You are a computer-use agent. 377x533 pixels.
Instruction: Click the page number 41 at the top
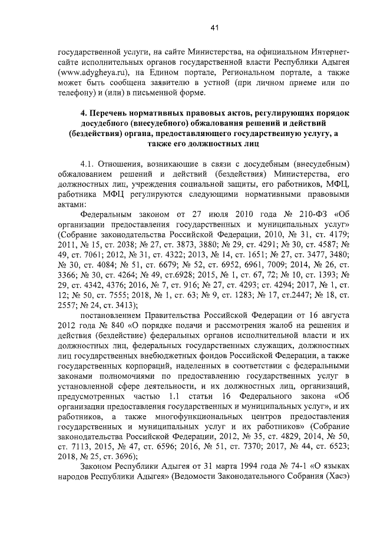click(214, 27)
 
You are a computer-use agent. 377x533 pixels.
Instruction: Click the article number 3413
click(119, 304)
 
